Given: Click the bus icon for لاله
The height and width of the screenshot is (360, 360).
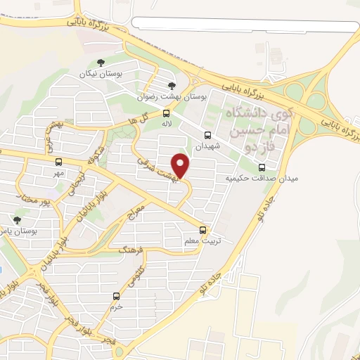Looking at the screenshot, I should tap(167, 112).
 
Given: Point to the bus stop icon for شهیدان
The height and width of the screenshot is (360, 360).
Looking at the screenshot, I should tap(207, 135).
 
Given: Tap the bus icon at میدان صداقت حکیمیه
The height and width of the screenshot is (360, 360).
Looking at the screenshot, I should tap(262, 167).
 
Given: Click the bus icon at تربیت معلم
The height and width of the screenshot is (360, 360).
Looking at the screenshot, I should tap(203, 229).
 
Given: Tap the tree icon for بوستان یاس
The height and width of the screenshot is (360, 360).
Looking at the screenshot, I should tap(17, 220).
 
